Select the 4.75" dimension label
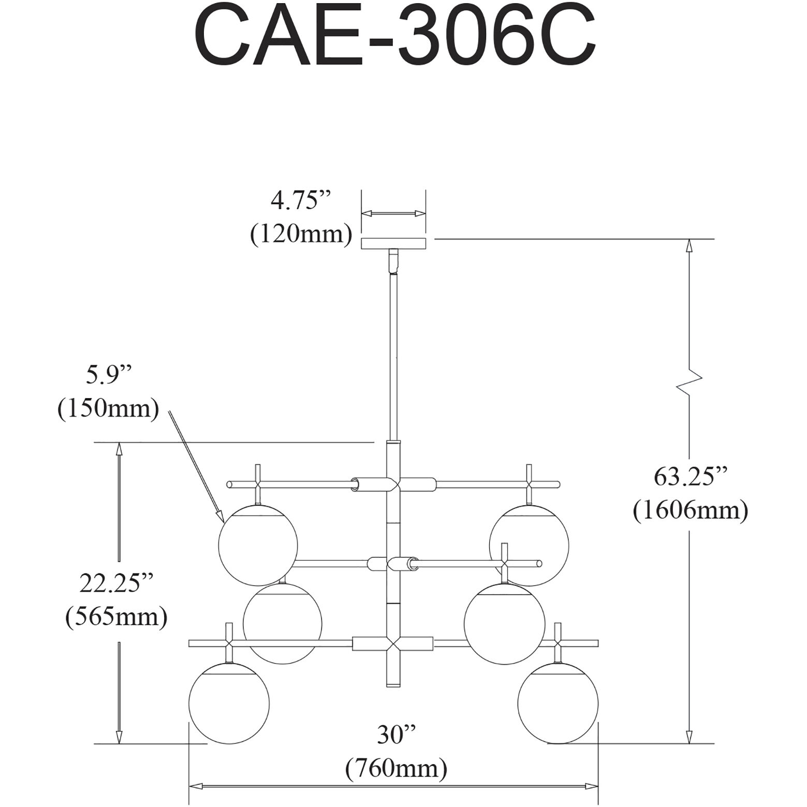(300, 200)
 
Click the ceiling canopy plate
(393, 243)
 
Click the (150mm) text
(108, 409)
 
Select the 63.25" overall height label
(691, 476)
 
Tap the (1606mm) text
(691, 510)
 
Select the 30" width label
(397, 735)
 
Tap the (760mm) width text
(397, 769)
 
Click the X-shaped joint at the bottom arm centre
(394, 644)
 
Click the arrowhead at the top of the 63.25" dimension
(689, 245)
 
